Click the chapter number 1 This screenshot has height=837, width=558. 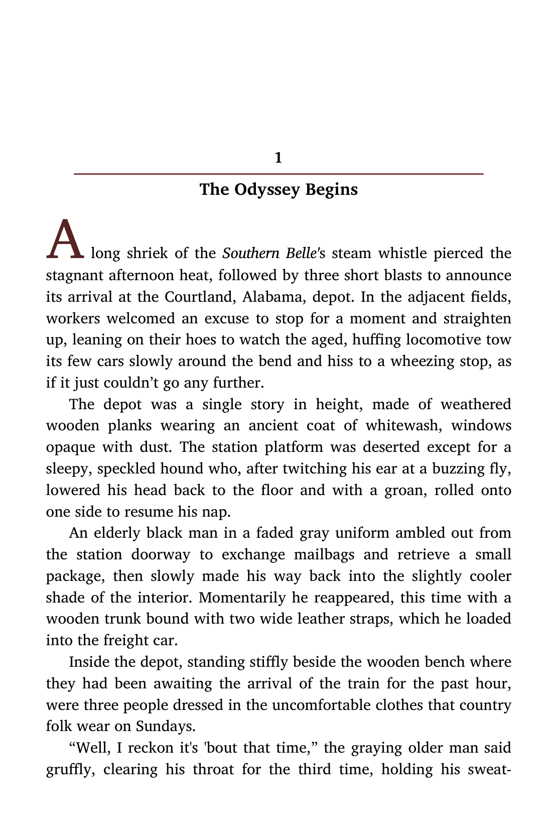278,158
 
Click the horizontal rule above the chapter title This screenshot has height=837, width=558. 278,174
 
